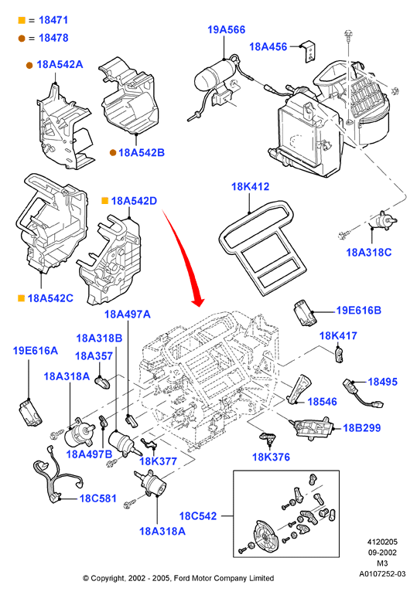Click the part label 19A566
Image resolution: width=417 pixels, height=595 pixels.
pyautogui.click(x=227, y=29)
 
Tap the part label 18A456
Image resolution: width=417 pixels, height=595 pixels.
pyautogui.click(x=268, y=46)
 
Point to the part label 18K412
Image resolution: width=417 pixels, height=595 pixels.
pyautogui.click(x=250, y=187)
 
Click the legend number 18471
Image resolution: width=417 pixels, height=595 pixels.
pyautogui.click(x=53, y=20)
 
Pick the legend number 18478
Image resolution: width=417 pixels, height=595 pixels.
pyautogui.click(x=53, y=38)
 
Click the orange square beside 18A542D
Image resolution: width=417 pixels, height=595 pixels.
pyautogui.click(x=104, y=201)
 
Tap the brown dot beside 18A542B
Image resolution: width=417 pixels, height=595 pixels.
pyautogui.click(x=113, y=152)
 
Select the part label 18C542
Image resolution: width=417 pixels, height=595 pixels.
pyautogui.click(x=198, y=516)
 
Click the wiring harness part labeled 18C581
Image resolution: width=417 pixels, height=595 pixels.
pyautogui.click(x=57, y=476)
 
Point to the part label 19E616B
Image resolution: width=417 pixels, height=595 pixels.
pyautogui.click(x=358, y=311)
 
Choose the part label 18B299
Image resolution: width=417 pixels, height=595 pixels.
pyautogui.click(x=361, y=428)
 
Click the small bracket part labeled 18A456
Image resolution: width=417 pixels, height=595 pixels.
pyautogui.click(x=310, y=53)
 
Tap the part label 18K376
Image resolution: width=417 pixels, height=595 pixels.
pyautogui.click(x=271, y=457)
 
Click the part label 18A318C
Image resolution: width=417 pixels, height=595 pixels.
pyautogui.click(x=369, y=253)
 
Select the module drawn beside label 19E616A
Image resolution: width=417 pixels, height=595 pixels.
pyautogui.click(x=30, y=413)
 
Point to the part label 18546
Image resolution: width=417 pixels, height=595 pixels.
pyautogui.click(x=322, y=402)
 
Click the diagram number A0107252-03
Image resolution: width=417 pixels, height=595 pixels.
pyautogui.click(x=382, y=573)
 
